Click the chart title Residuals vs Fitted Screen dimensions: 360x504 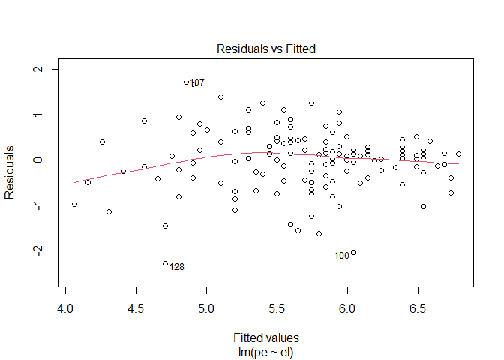point(265,49)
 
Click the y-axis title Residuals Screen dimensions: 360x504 point(10,172)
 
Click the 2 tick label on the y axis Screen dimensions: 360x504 point(38,70)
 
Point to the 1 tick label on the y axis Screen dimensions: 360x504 point(38,115)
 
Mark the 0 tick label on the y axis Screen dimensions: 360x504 point(38,160)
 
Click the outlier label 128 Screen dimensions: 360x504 point(177,267)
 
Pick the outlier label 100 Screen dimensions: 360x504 point(342,256)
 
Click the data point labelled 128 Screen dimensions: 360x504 point(165,263)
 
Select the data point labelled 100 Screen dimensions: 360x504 point(354,252)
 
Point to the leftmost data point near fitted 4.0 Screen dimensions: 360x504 point(74,204)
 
